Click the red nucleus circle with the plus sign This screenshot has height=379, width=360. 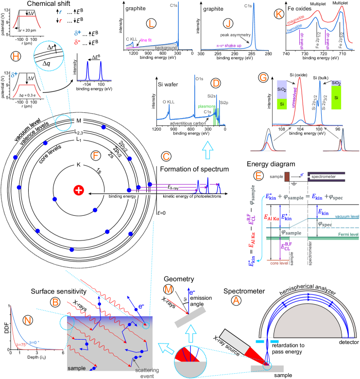78,190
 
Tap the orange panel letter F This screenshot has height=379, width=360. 96,155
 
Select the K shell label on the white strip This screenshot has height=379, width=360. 78,165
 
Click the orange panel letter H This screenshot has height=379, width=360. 16,57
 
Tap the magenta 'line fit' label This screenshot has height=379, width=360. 146,40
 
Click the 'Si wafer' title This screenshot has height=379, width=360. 168,85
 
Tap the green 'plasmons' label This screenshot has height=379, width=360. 206,105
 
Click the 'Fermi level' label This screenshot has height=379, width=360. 348,234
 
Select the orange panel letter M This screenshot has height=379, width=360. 168,290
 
